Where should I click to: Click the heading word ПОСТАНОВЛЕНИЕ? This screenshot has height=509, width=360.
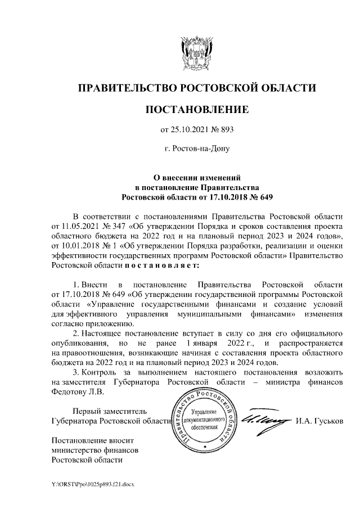[196, 109]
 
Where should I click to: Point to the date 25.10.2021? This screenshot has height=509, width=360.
[190, 130]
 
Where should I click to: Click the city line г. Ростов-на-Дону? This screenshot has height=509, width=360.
[196, 150]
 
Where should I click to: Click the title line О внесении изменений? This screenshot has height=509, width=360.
[196, 177]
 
